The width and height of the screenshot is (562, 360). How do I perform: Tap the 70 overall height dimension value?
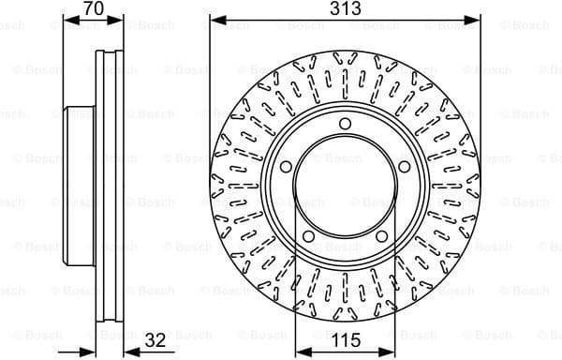pyautogui.click(x=92, y=8)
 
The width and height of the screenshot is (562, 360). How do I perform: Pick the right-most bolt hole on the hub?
pyautogui.click(x=404, y=166)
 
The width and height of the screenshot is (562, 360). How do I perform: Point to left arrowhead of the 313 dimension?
pyautogui.click(x=214, y=19)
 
